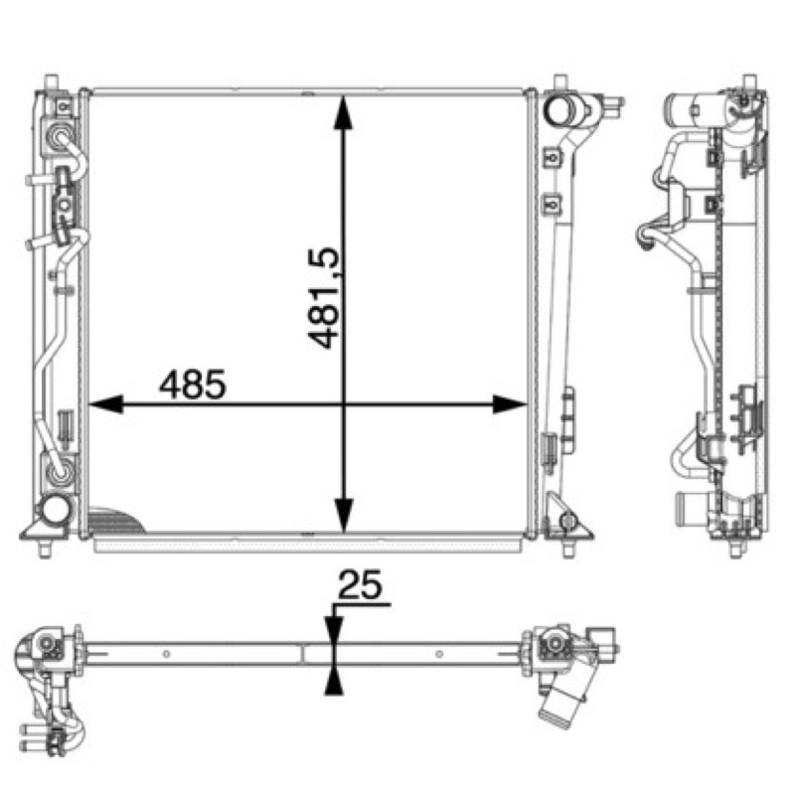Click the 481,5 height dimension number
click(323, 298)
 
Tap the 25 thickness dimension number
click(360, 584)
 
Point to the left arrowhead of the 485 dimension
click(106, 404)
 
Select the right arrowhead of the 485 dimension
click(510, 404)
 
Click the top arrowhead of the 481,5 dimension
click(344, 112)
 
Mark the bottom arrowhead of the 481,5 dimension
click(344, 515)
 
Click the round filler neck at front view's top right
click(559, 110)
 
